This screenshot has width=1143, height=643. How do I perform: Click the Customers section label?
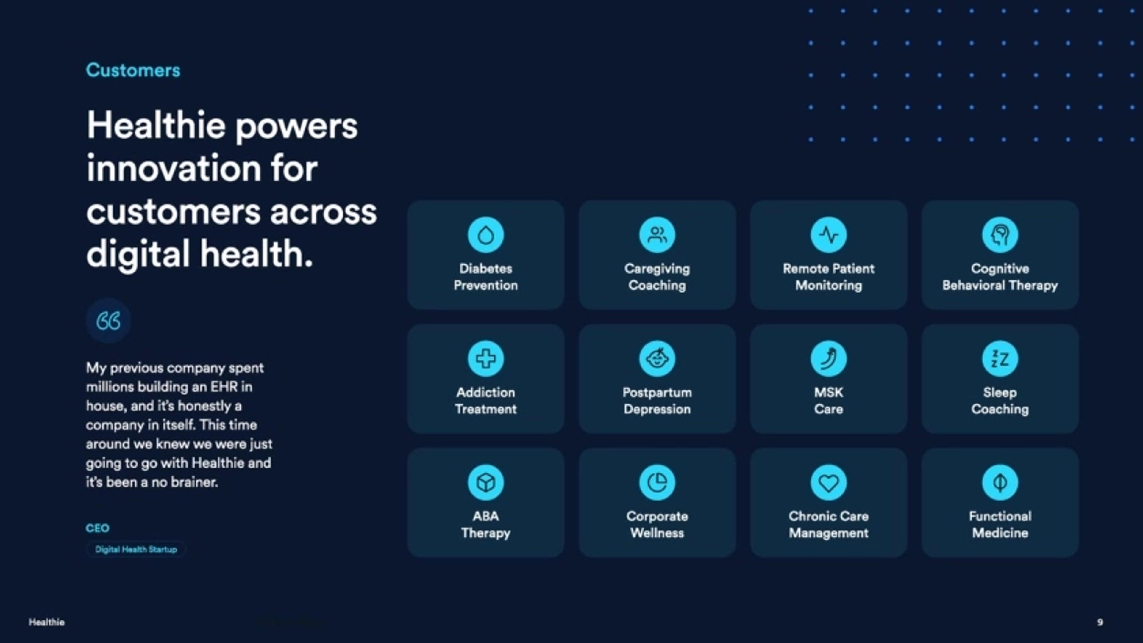(133, 70)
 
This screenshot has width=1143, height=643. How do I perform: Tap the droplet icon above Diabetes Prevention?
(485, 235)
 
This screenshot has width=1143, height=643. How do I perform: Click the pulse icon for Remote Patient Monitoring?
(828, 235)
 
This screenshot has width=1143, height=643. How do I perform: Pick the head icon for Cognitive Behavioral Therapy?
(1000, 235)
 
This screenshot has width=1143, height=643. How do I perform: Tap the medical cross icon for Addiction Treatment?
(485, 358)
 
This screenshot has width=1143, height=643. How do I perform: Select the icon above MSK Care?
(828, 358)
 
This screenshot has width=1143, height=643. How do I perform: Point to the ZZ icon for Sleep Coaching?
(1000, 358)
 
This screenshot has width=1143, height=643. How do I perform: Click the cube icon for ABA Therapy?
(485, 482)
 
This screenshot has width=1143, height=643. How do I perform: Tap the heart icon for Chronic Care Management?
(828, 482)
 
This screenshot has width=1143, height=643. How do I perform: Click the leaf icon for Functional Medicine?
(1000, 482)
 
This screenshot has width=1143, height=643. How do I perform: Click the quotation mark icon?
(108, 321)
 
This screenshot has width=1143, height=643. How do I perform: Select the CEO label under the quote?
(97, 528)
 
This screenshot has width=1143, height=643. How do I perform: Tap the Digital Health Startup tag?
(136, 549)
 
